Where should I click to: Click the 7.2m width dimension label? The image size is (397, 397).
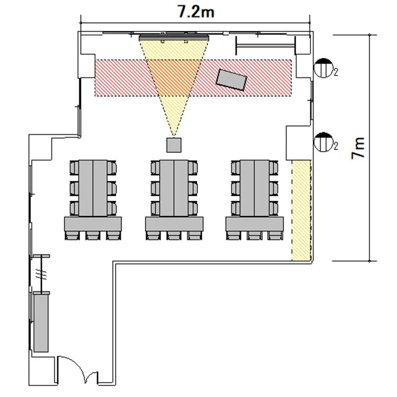click(196, 12)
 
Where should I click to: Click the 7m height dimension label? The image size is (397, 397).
click(358, 148)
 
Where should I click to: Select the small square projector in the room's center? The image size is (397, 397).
click(174, 145)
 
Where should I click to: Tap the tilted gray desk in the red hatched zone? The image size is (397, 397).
click(231, 80)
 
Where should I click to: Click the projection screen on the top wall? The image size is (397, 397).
click(174, 38)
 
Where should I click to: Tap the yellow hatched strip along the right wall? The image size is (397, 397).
click(301, 210)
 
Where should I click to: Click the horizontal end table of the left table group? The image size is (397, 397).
click(93, 224)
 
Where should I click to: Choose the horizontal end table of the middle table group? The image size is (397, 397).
click(174, 224)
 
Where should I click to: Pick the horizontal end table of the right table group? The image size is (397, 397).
click(254, 224)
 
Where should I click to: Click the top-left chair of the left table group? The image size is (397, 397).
click(74, 168)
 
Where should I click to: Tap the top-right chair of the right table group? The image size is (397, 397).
click(273, 168)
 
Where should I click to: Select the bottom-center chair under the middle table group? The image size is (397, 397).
click(174, 236)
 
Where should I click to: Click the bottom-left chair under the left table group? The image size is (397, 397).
click(72, 236)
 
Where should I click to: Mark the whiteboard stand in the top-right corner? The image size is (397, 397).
click(265, 46)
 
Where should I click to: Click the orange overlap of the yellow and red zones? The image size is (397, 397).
click(174, 77)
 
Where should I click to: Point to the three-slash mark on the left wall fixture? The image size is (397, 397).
click(41, 274)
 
